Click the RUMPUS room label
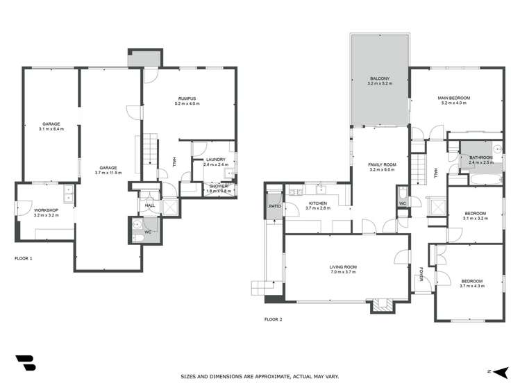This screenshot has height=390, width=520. tap(187, 99)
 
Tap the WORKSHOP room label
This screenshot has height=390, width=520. tap(46, 210)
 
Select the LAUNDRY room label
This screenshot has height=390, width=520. tap(215, 160)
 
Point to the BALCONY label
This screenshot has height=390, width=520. tap(380, 78)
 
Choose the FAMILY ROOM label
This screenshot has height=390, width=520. tap(381, 164)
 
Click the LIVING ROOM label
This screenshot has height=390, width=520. tap(342, 267)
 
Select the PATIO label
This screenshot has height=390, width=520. tap(274, 206)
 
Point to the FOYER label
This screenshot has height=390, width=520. tap(421, 274)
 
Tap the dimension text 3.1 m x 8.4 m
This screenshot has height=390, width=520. tap(51, 128)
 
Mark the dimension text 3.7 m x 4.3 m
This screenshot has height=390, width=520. tap(471, 285)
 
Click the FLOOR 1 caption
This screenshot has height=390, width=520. tap(24, 258)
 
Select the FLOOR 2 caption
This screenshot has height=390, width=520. tap(273, 320)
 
